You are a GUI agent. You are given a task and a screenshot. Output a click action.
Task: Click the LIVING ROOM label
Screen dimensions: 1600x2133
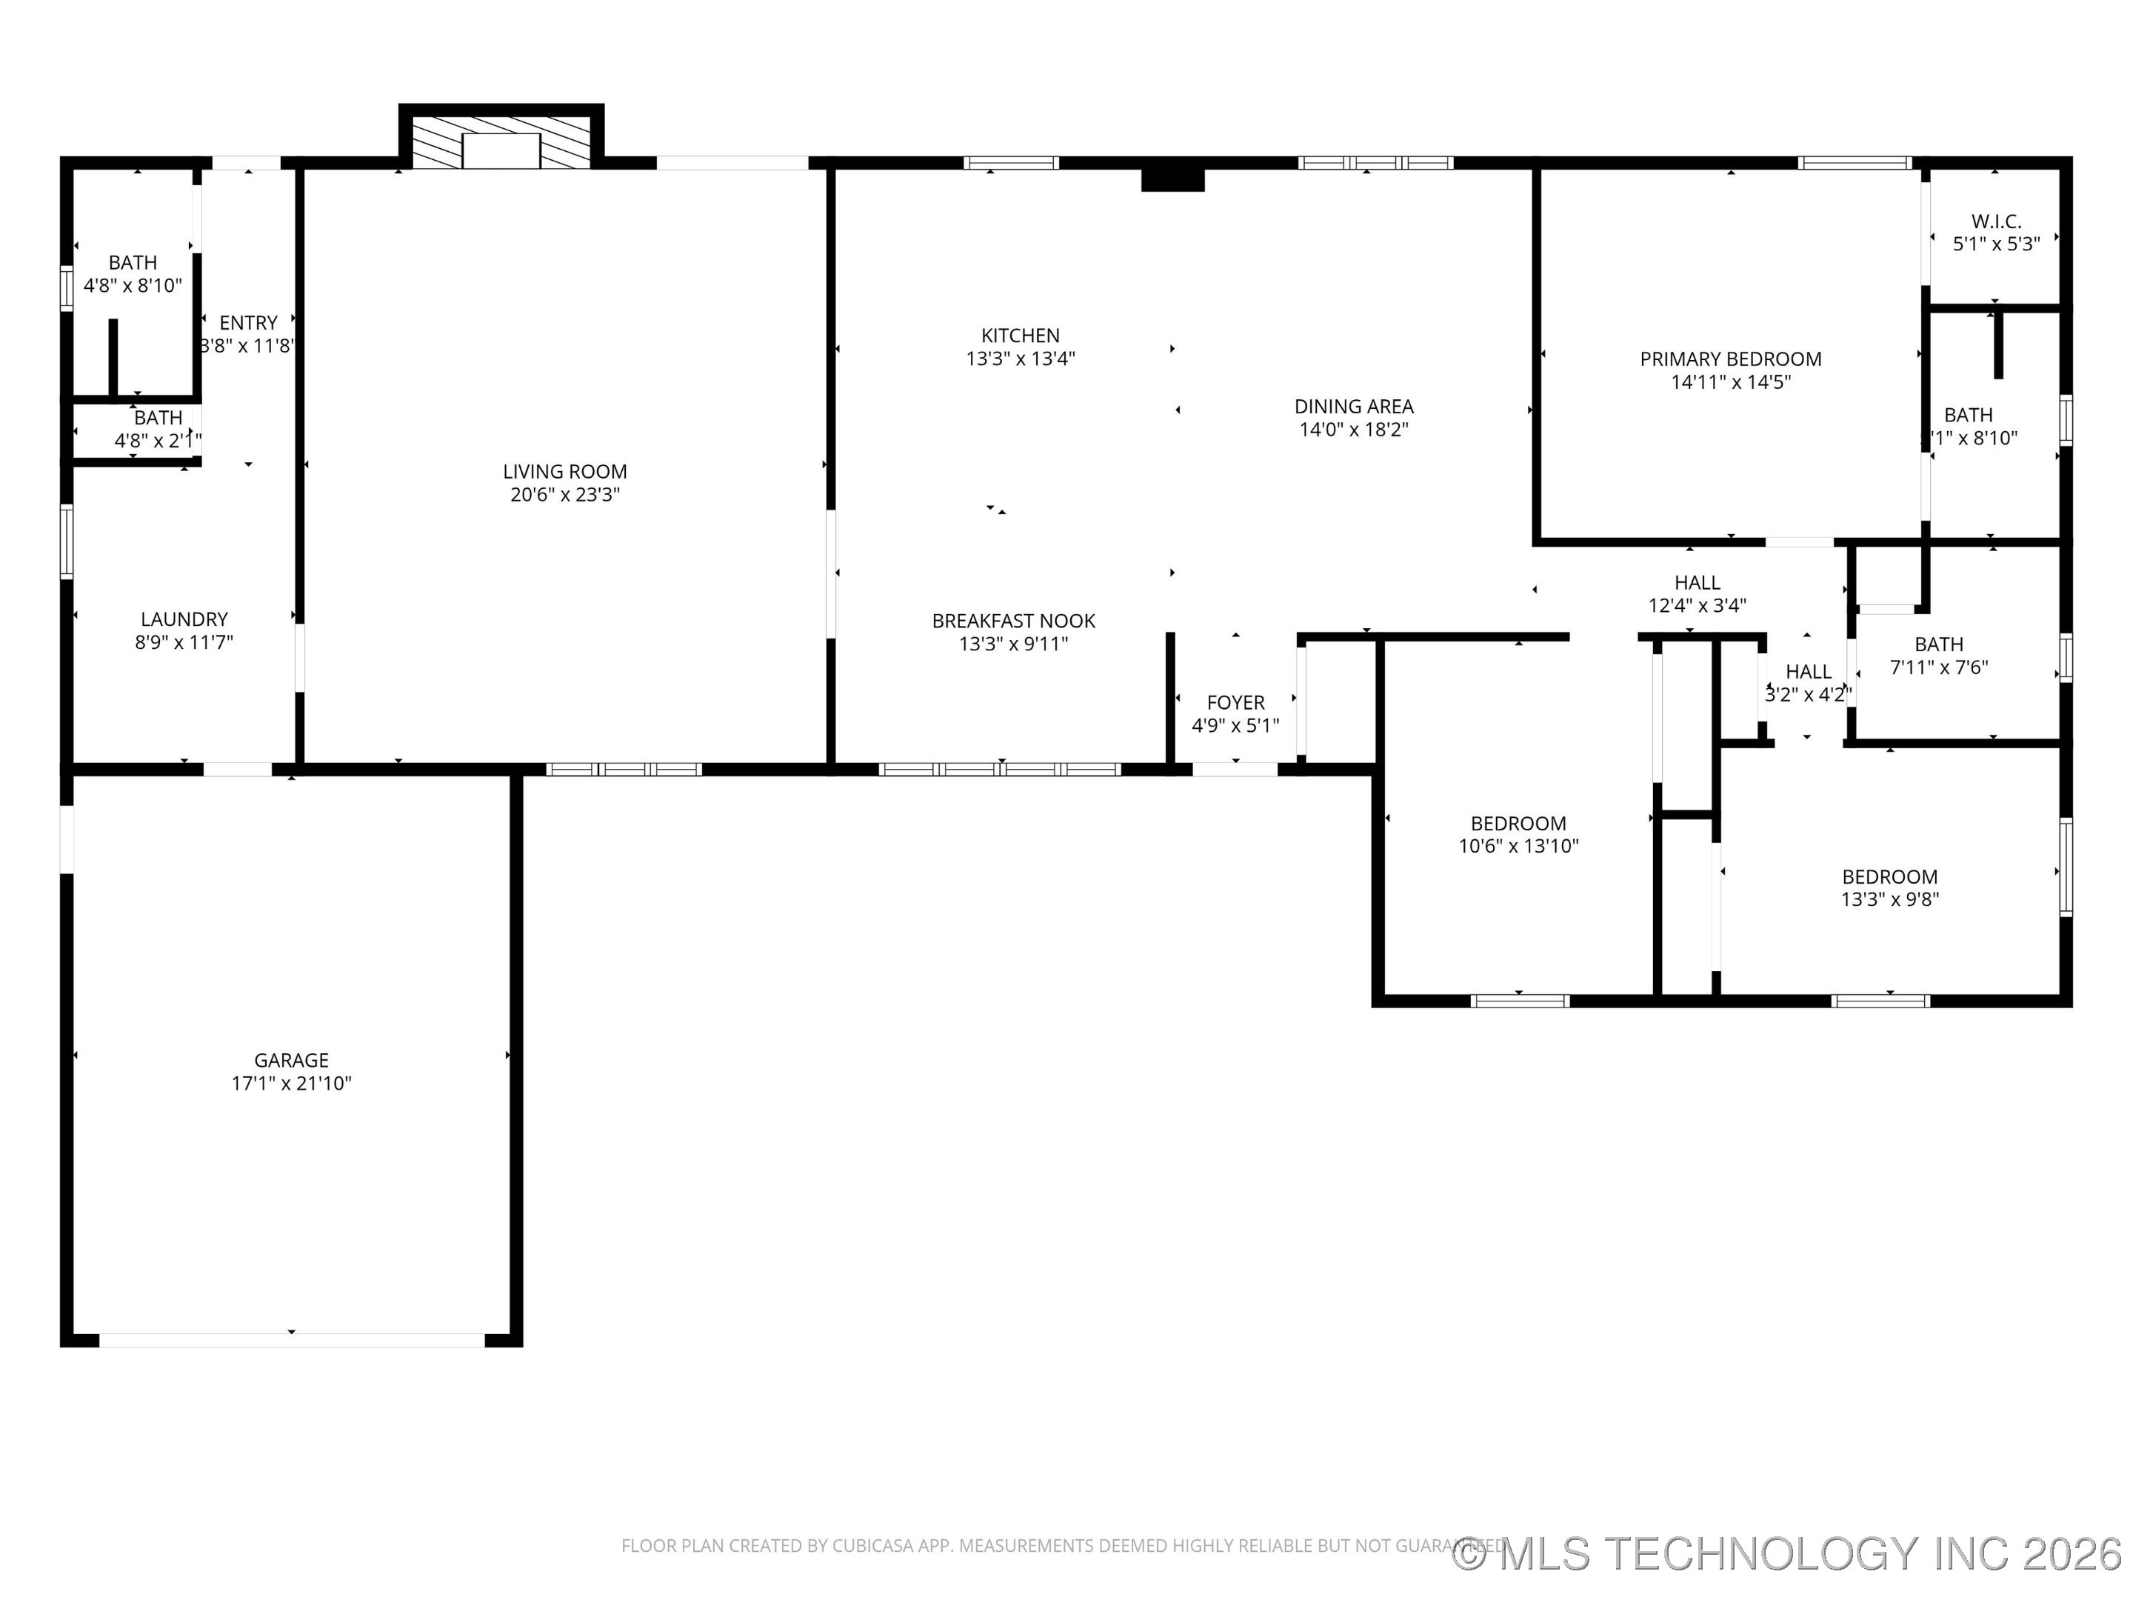pyautogui.click(x=564, y=472)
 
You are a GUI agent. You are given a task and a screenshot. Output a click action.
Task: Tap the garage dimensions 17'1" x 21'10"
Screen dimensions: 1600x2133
pyautogui.click(x=291, y=1083)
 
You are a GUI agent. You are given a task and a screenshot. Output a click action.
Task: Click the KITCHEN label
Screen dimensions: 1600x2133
pyautogui.click(x=1021, y=336)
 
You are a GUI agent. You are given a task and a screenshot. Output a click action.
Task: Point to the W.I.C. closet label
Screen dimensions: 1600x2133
pyautogui.click(x=1996, y=221)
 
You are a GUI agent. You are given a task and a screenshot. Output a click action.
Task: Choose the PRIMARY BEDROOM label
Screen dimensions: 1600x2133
pyautogui.click(x=1730, y=359)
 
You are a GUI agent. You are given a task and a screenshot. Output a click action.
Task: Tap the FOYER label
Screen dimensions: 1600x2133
pyautogui.click(x=1235, y=703)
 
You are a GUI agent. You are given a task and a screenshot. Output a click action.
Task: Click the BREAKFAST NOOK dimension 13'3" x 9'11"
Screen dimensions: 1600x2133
pyautogui.click(x=1013, y=644)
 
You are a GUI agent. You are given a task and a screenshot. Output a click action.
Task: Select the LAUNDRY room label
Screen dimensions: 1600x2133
pyautogui.click(x=184, y=619)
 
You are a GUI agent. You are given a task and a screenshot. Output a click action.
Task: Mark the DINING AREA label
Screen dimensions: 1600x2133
pyautogui.click(x=1353, y=407)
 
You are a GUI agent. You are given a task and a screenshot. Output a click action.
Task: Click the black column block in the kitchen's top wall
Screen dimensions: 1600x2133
pyautogui.click(x=1172, y=179)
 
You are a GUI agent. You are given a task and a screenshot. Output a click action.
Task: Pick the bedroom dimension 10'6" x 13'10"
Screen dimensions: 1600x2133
pyautogui.click(x=1518, y=847)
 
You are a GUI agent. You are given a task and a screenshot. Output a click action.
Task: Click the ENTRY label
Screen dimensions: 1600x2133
pyautogui.click(x=248, y=323)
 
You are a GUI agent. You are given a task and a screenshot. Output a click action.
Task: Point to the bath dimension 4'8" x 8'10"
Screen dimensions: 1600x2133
pyautogui.click(x=132, y=285)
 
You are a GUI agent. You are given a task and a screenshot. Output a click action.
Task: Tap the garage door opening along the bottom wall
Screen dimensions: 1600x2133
pyautogui.click(x=291, y=1339)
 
